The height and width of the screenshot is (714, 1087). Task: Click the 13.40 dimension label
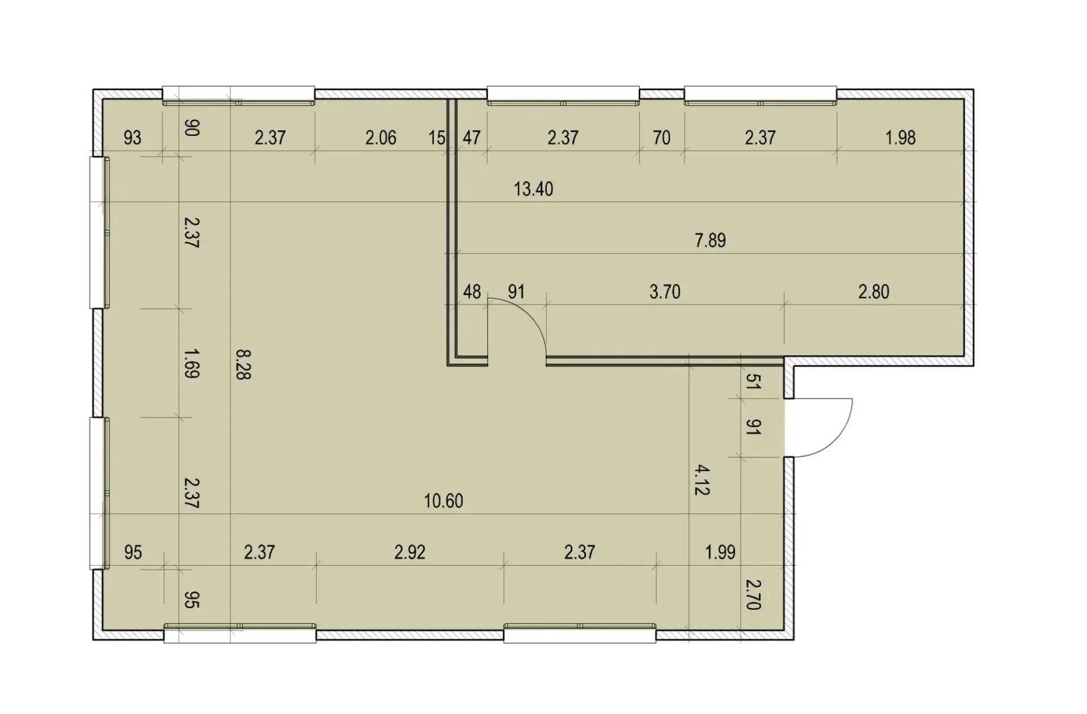coord(533,188)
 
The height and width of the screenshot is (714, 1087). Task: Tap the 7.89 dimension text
coord(710,240)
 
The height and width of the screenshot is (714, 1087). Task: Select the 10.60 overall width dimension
coord(443,501)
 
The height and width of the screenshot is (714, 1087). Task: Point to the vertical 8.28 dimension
coord(243,364)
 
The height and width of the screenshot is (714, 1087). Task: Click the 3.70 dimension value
coord(665,292)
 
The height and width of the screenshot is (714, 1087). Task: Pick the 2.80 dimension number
coord(874,292)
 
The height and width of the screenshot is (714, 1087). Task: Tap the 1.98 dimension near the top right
coord(900,137)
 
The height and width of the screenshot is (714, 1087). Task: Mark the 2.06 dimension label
coord(380,137)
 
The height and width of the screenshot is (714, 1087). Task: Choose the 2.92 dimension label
coord(409,552)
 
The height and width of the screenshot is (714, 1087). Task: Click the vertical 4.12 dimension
coord(702,480)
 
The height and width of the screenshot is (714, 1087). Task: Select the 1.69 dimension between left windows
coord(191,363)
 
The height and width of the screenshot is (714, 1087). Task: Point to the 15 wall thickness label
coord(436,137)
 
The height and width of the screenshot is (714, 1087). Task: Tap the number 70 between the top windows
coord(661,137)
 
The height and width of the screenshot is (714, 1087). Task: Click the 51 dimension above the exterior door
coord(752,382)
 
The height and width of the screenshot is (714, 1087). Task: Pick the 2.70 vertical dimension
coord(752,594)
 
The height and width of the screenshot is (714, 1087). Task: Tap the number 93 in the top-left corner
coord(132,137)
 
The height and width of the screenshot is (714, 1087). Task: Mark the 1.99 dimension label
coord(720,552)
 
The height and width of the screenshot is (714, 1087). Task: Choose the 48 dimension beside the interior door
coord(472,292)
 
